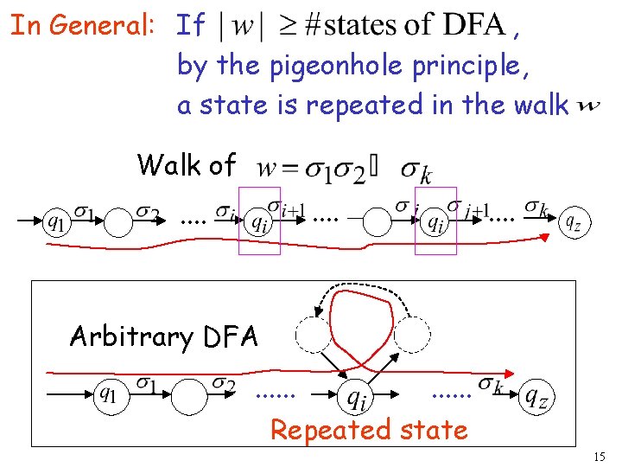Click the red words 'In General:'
point(82,25)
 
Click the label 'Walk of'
point(186,163)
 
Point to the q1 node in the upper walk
point(55,223)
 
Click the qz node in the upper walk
point(572,222)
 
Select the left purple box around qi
point(259,222)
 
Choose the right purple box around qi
point(435,222)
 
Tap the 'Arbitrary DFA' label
point(164,336)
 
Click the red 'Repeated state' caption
point(369,429)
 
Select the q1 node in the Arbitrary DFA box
point(107,396)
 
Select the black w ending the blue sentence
point(588,106)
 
